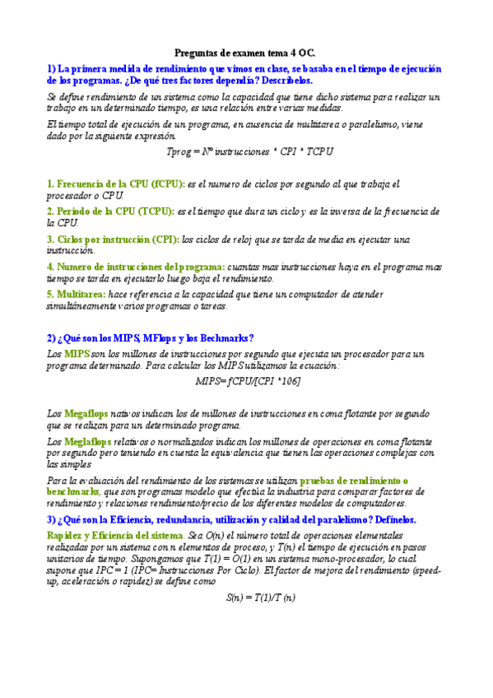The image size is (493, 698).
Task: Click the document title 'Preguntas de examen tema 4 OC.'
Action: pyautogui.click(x=246, y=51)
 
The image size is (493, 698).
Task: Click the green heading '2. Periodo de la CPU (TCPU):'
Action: pyautogui.click(x=111, y=212)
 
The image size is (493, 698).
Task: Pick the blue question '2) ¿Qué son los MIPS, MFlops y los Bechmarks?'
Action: pyautogui.click(x=151, y=337)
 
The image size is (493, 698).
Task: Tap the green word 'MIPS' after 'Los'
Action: pyautogui.click(x=78, y=354)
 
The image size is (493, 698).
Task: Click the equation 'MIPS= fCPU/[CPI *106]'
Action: pyautogui.click(x=248, y=382)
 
